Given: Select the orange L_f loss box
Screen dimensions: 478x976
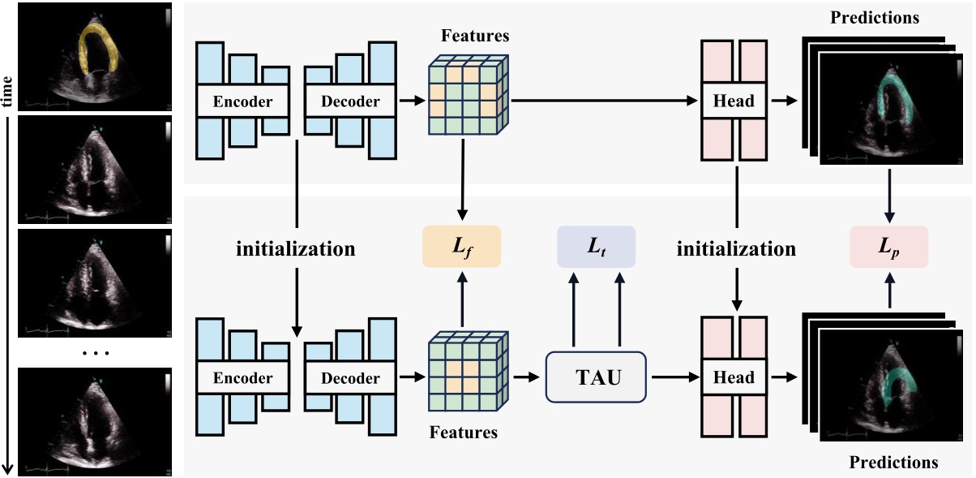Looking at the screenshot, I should (x=462, y=247).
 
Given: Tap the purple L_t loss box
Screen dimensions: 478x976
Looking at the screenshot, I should (x=596, y=247).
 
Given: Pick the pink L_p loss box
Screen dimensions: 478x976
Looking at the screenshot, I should (x=889, y=247).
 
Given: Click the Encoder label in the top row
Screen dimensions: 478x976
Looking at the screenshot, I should (x=242, y=101).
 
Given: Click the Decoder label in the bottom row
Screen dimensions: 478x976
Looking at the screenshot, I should (x=350, y=378).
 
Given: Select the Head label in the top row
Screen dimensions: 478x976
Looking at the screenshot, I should (x=733, y=101).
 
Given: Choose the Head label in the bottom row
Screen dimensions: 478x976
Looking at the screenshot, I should (x=733, y=378).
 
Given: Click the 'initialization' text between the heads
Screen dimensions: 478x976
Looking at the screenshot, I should (x=736, y=249).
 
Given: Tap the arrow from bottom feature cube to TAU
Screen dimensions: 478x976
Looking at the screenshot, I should (x=527, y=377).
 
